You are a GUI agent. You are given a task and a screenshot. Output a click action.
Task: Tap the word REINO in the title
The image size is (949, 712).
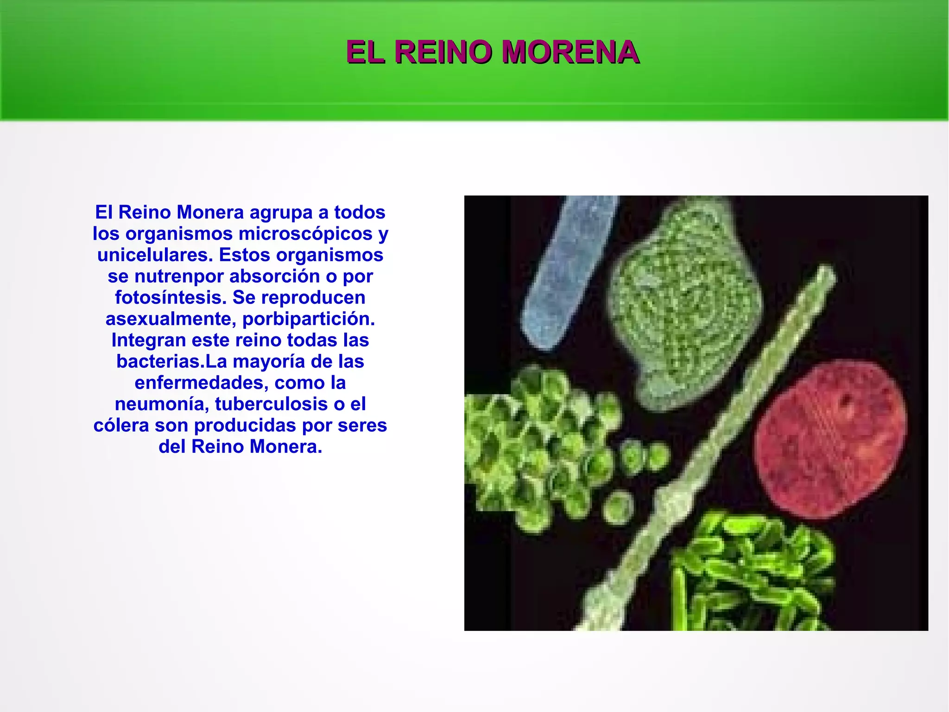[x=443, y=52]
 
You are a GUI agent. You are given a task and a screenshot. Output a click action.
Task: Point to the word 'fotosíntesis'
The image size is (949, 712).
[x=171, y=298]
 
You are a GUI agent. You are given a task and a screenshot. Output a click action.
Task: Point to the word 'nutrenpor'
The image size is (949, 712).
[x=179, y=276]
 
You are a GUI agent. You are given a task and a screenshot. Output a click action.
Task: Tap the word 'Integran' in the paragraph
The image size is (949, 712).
[x=148, y=340]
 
